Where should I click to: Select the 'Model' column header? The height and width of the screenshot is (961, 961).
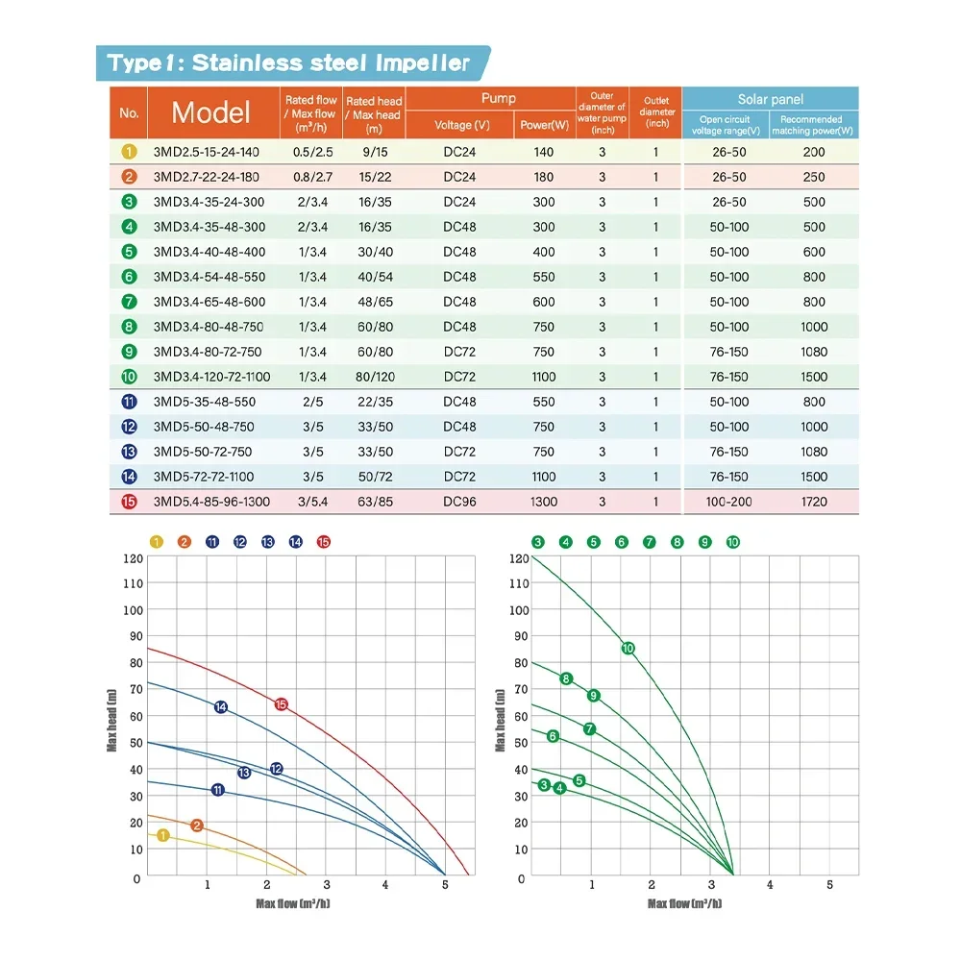[x=210, y=112]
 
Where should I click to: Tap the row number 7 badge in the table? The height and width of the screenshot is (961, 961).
[x=130, y=302]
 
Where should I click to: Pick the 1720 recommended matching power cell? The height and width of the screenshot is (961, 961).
[x=814, y=502]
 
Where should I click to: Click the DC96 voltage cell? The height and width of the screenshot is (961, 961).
[x=460, y=502]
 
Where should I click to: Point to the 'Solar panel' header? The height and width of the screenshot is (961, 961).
[x=770, y=99]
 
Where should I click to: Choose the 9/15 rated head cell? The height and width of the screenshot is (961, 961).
[x=374, y=152]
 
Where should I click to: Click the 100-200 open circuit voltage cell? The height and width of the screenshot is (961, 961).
[x=729, y=502]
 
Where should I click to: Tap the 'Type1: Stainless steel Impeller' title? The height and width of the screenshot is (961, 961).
[x=288, y=63]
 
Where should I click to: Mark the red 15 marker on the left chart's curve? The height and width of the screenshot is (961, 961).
[x=281, y=704]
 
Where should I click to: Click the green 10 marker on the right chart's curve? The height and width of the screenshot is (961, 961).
[x=628, y=649]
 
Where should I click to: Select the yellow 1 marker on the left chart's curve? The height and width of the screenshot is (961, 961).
[x=163, y=835]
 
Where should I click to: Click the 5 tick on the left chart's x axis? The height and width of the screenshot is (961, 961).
[x=444, y=885]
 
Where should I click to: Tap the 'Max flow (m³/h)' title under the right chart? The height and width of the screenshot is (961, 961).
[x=684, y=903]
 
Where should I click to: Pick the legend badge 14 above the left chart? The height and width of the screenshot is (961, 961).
[x=295, y=542]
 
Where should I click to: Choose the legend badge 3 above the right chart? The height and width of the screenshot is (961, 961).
[x=538, y=542]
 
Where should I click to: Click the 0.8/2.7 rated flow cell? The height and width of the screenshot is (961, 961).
[x=311, y=177]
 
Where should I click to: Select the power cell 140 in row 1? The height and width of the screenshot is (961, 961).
[x=544, y=152]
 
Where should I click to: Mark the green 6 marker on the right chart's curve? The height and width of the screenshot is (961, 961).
[x=553, y=736]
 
